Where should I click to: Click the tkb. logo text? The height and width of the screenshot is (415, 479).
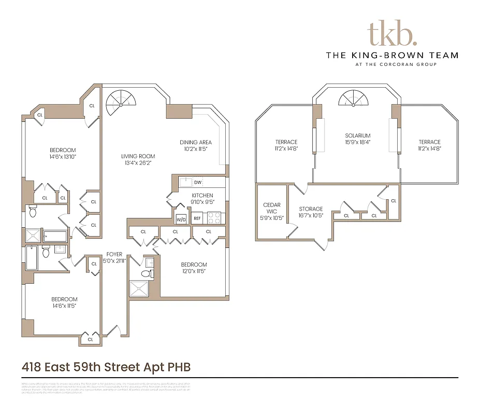pos(391,35)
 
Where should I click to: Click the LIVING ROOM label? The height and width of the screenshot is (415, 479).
pos(138,156)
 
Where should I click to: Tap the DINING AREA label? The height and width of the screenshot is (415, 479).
pos(196,142)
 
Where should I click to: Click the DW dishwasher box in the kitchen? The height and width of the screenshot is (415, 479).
pos(198,183)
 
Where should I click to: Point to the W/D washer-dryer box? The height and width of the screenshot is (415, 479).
pos(181,218)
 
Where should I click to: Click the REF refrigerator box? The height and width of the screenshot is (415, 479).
pos(197,218)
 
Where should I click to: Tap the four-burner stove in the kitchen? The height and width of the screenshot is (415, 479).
pos(214,218)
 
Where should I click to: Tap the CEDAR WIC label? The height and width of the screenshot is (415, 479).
pos(271,208)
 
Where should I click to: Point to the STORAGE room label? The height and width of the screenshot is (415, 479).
pos(311,209)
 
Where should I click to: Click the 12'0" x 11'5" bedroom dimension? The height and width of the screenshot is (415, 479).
pos(194,271)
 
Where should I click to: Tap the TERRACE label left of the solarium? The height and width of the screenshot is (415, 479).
pos(286,142)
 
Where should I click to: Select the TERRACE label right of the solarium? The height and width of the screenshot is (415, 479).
pos(429,142)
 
